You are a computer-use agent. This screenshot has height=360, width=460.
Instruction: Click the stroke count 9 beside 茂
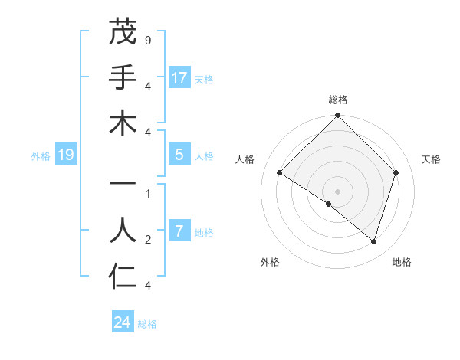(147, 39)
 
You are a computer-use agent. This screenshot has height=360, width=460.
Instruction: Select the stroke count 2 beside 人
(147, 240)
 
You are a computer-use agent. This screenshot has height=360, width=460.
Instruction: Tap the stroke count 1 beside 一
(147, 194)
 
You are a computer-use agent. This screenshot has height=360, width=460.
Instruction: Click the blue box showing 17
(179, 78)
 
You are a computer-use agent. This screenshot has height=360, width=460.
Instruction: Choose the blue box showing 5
(179, 155)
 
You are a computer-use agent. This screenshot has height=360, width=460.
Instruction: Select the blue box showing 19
(66, 155)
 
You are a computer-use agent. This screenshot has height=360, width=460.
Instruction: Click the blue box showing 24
(123, 323)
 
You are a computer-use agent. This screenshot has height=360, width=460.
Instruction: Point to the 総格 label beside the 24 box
(147, 324)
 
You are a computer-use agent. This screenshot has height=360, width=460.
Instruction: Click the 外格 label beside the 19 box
(41, 156)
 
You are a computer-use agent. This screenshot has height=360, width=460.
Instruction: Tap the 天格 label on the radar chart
(431, 159)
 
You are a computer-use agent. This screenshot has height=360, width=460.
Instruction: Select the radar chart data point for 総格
(337, 116)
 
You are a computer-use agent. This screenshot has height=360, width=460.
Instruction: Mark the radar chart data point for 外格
(329, 204)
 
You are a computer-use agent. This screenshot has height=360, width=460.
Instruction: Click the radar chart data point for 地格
(373, 242)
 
